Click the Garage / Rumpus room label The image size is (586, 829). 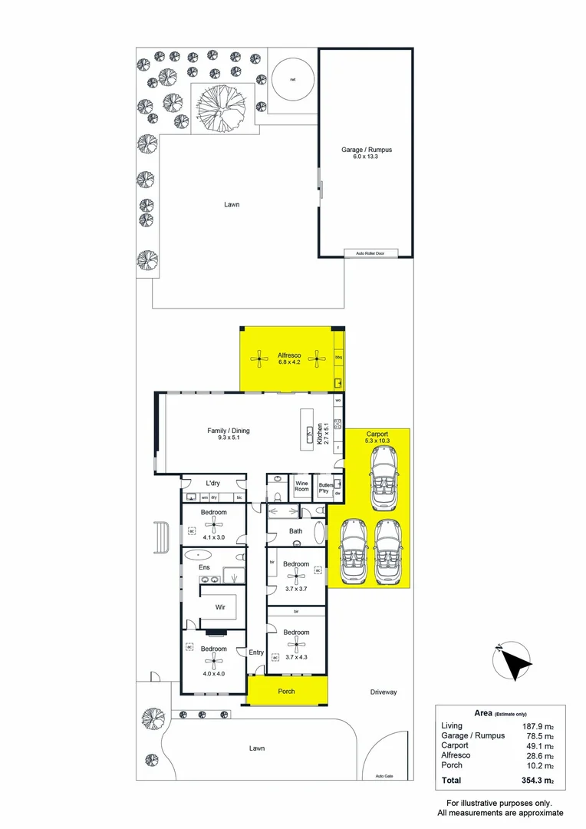click(367, 150)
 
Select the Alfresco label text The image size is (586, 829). click(289, 355)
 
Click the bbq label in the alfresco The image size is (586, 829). click(338, 358)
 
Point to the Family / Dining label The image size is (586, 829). click(228, 431)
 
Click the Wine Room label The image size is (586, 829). click(302, 487)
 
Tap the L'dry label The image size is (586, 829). click(214, 483)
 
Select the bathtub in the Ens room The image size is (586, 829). click(199, 553)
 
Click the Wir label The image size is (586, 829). click(220, 606)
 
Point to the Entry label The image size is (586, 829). click(255, 652)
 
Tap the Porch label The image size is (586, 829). click(286, 692)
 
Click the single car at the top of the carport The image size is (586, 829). click(383, 478)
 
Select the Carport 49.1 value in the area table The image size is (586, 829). click(537, 745)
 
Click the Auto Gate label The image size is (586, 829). click(384, 775)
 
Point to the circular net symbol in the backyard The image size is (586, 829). click(293, 80)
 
